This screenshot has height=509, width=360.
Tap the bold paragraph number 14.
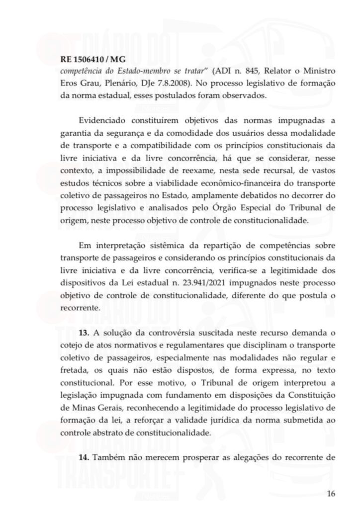85,457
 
